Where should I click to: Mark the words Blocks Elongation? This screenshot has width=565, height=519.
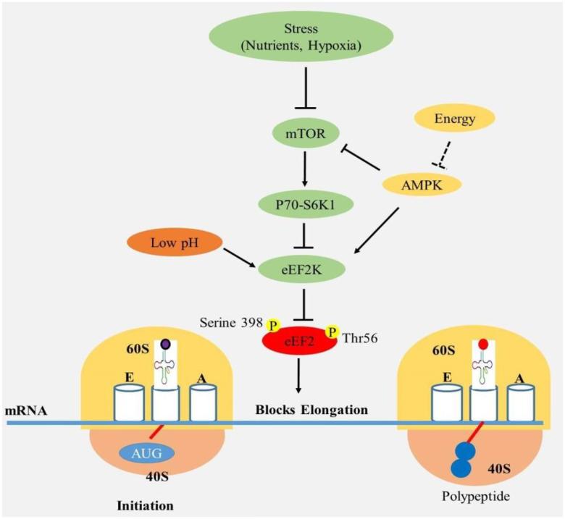click(x=312, y=410)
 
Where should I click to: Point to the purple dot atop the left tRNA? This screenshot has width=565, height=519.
click(x=168, y=345)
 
